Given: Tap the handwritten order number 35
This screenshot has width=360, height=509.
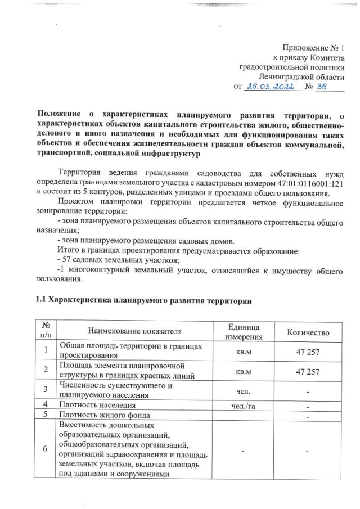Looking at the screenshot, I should tap(322, 87).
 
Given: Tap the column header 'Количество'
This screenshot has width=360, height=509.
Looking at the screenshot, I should tap(308, 332).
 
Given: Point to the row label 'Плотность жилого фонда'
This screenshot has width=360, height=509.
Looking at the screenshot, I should tap(103, 416).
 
